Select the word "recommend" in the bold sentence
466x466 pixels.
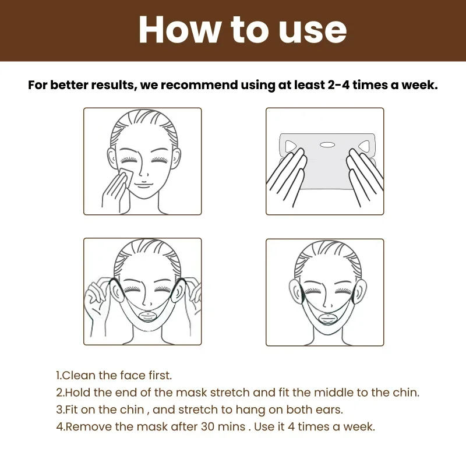click(197, 85)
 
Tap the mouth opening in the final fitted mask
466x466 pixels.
click(325, 319)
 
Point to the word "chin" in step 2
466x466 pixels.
click(405, 393)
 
